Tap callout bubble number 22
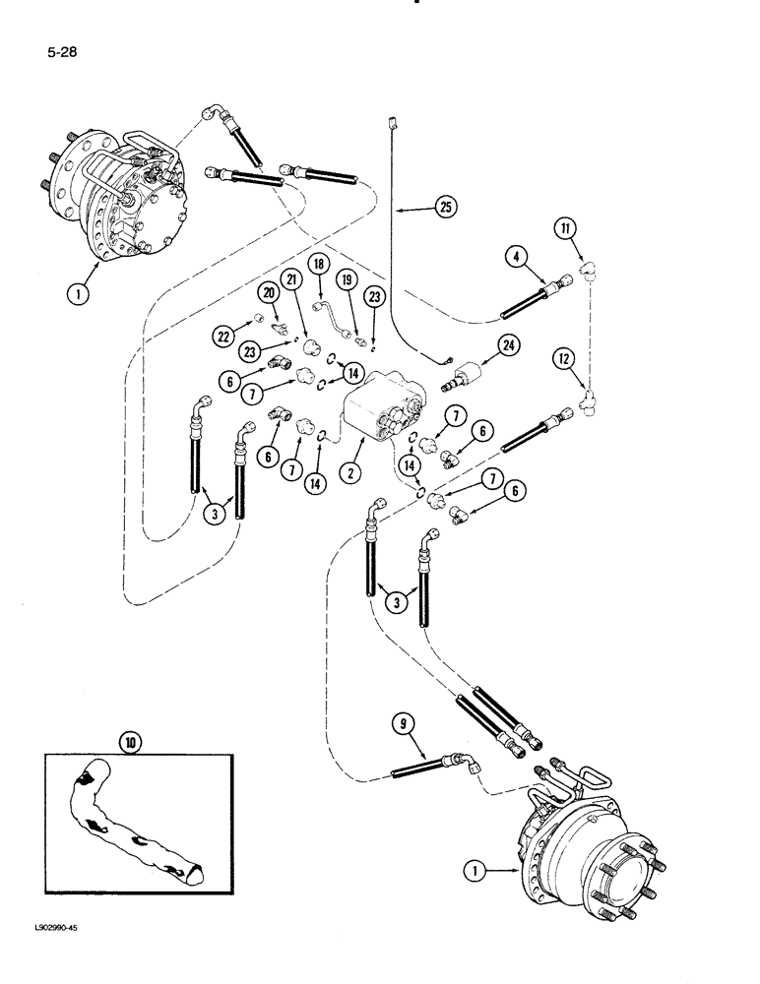(223, 336)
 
